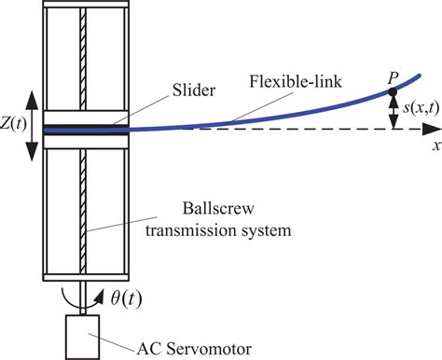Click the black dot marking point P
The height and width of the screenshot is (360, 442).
click(x=393, y=90)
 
